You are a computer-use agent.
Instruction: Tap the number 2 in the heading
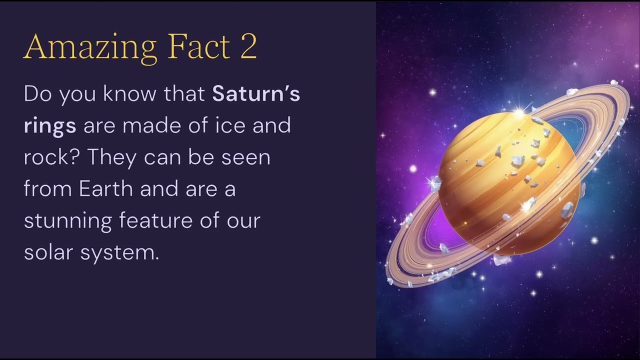248,46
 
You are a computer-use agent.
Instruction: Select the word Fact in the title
198,46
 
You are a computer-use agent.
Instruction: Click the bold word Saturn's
256,94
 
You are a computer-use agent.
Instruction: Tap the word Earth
106,189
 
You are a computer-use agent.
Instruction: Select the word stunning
67,221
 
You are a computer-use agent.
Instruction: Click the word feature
155,221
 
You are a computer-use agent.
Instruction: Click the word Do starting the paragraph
38,94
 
